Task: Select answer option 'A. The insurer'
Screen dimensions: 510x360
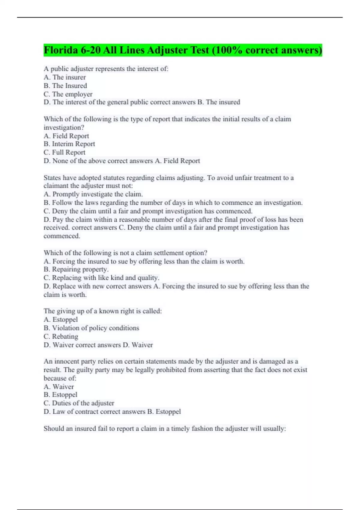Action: click(x=64, y=77)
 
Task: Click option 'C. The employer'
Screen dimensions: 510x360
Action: click(x=68, y=94)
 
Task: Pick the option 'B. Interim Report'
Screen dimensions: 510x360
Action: click(x=69, y=144)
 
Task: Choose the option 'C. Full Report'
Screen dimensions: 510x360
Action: click(x=64, y=152)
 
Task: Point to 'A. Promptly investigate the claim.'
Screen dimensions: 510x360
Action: click(x=93, y=194)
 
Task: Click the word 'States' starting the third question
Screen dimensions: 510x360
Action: click(x=52, y=178)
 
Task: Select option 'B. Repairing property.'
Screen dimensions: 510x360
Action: click(x=76, y=269)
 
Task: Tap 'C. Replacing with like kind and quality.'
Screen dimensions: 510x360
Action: click(x=101, y=278)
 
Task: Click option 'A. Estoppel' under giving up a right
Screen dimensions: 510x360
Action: click(x=61, y=319)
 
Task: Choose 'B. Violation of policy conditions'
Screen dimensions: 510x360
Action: click(x=91, y=328)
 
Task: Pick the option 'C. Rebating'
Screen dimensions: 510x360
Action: click(x=61, y=336)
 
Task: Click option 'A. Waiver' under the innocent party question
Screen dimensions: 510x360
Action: click(x=58, y=387)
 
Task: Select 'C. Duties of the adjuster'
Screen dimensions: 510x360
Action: click(x=79, y=403)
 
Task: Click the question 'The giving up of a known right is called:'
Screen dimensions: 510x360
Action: click(x=103, y=311)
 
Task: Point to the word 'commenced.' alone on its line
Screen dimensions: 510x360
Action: click(x=62, y=236)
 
